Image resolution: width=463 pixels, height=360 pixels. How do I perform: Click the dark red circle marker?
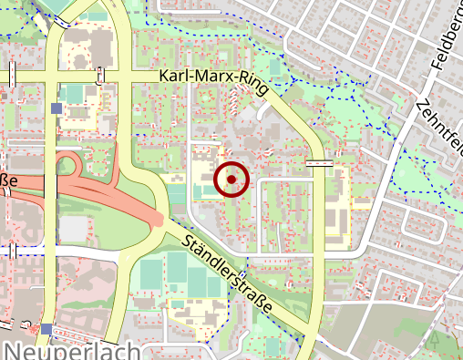pos(231,180)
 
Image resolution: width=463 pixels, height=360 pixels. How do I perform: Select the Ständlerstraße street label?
pos(228,274)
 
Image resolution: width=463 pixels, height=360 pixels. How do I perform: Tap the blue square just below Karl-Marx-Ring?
pos(57,108)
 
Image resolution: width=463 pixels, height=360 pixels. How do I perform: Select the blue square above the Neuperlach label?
pos(46,328)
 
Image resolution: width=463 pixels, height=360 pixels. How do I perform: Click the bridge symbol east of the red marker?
pos(319,163)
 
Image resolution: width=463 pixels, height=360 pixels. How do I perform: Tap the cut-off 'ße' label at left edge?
pos(8,180)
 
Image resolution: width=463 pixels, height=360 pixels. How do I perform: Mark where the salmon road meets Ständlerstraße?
pos(160,220)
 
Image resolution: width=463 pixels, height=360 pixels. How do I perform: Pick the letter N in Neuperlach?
pos(14,351)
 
